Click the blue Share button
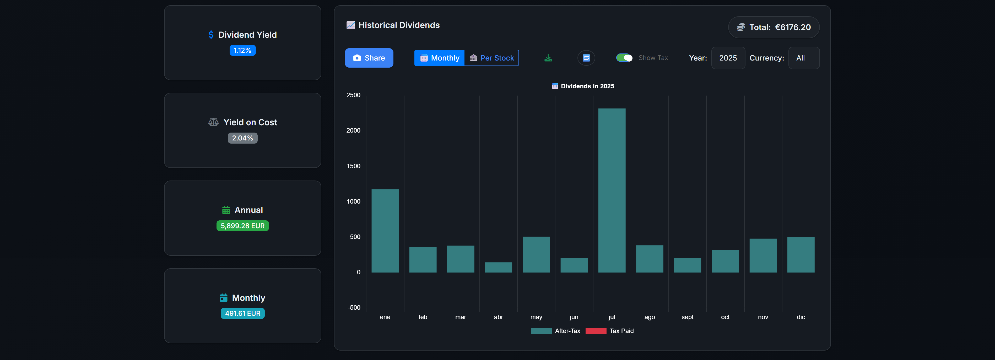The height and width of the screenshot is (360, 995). coord(369,58)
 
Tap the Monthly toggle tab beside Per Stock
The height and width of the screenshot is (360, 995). coord(440,58)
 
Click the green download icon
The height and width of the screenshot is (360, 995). coord(548,58)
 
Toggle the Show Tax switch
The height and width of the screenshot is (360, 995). coord(624,58)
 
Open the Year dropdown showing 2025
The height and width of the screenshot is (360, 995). coord(728,58)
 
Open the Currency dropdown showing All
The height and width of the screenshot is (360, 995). coord(803,58)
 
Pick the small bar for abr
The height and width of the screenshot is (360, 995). coord(498,267)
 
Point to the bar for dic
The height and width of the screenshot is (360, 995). coord(801,255)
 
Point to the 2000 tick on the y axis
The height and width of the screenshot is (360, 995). coord(353,130)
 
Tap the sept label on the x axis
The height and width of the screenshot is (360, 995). coord(687,317)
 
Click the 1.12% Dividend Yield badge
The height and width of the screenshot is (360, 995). coord(242,51)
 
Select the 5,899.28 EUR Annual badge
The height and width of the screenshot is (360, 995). coord(242,226)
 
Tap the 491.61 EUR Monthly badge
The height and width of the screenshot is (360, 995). coord(242,313)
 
